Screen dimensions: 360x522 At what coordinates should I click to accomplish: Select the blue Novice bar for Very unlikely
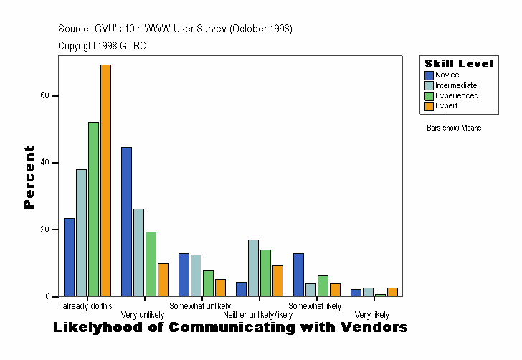126,222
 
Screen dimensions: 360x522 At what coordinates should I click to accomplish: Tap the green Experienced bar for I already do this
93,209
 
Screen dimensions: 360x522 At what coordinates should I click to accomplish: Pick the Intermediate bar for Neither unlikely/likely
253,267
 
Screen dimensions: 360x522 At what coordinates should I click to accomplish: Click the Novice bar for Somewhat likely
298,275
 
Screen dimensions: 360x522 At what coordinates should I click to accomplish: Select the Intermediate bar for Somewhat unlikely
196,275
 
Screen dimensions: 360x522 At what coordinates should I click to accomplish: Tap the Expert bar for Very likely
392,292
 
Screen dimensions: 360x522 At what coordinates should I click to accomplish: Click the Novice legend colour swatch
429,75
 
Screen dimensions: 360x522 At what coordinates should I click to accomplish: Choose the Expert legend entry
446,106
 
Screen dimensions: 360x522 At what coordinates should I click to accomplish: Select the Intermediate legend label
456,85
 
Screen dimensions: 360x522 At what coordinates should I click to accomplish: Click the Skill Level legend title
458,64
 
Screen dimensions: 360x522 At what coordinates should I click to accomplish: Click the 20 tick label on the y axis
44,229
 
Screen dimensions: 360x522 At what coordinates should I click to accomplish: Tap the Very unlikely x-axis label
143,315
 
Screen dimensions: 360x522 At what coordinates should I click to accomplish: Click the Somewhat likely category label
315,306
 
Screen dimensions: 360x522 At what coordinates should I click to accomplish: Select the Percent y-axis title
29,177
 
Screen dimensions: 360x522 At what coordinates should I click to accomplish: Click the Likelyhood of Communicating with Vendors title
230,328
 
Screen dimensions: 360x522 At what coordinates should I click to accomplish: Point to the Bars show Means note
454,128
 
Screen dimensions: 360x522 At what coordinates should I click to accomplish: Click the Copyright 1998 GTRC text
102,46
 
